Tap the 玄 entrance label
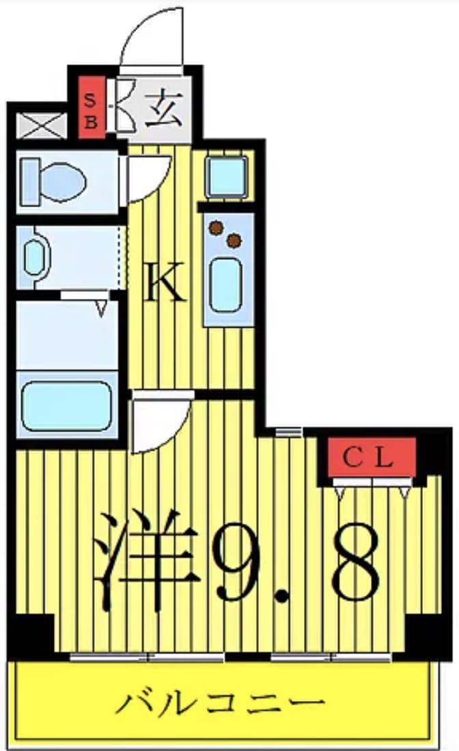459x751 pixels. pyautogui.click(x=164, y=109)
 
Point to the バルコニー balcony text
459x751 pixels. pyautogui.click(x=220, y=702)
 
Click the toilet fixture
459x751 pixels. pyautogui.click(x=55, y=182)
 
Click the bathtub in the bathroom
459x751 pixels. pyautogui.click(x=67, y=405)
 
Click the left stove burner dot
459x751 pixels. pyautogui.click(x=217, y=228)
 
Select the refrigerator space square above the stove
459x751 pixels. pyautogui.click(x=227, y=177)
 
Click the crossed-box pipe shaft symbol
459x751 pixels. pyautogui.click(x=41, y=126)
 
